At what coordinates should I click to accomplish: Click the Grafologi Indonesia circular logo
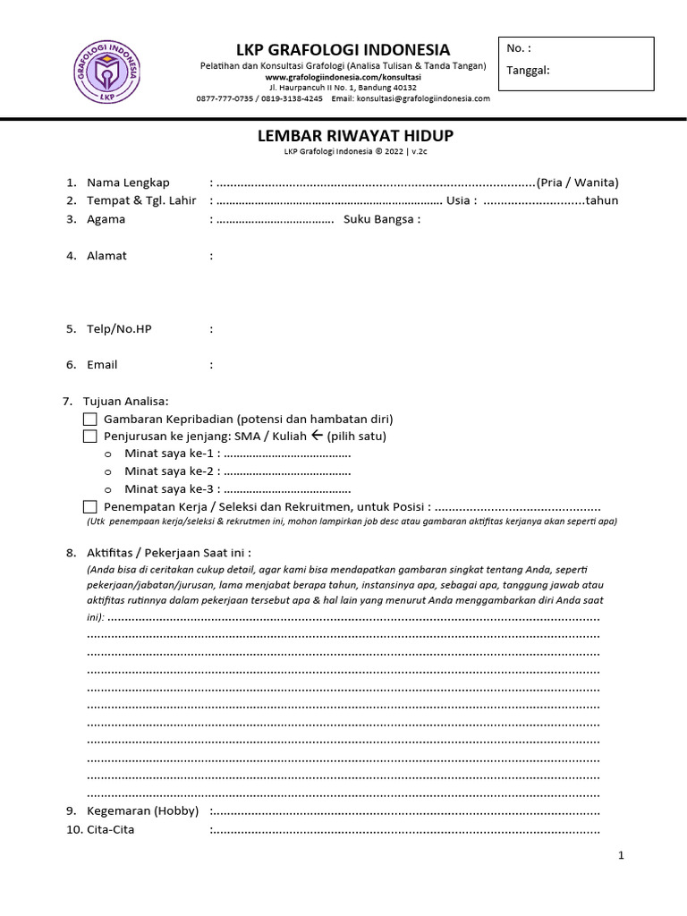pyautogui.click(x=106, y=69)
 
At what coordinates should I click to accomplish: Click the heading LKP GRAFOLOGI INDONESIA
pyautogui.click(x=343, y=49)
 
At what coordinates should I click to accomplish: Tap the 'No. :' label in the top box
pyautogui.click(x=519, y=48)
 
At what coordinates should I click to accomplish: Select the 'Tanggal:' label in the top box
pyautogui.click(x=528, y=71)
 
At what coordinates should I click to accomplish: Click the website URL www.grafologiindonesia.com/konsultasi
pyautogui.click(x=343, y=78)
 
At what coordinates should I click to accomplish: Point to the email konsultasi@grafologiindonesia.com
pyautogui.click(x=423, y=99)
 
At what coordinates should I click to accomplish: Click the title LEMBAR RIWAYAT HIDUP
pyautogui.click(x=343, y=136)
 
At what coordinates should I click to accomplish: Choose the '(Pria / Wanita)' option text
pyautogui.click(x=577, y=182)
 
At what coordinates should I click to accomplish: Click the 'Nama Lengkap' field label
pyautogui.click(x=128, y=182)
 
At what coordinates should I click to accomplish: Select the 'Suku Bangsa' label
pyautogui.click(x=381, y=219)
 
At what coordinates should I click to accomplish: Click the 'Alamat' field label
pyautogui.click(x=106, y=256)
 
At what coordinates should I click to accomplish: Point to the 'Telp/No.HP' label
pyautogui.click(x=119, y=329)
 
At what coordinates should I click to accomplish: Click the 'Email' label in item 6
pyautogui.click(x=102, y=365)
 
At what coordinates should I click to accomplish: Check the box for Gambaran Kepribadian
pyautogui.click(x=89, y=419)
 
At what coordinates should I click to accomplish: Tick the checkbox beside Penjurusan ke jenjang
pyautogui.click(x=89, y=437)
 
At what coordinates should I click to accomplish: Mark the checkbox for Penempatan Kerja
pyautogui.click(x=89, y=506)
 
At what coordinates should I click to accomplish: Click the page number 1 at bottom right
pyautogui.click(x=620, y=856)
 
